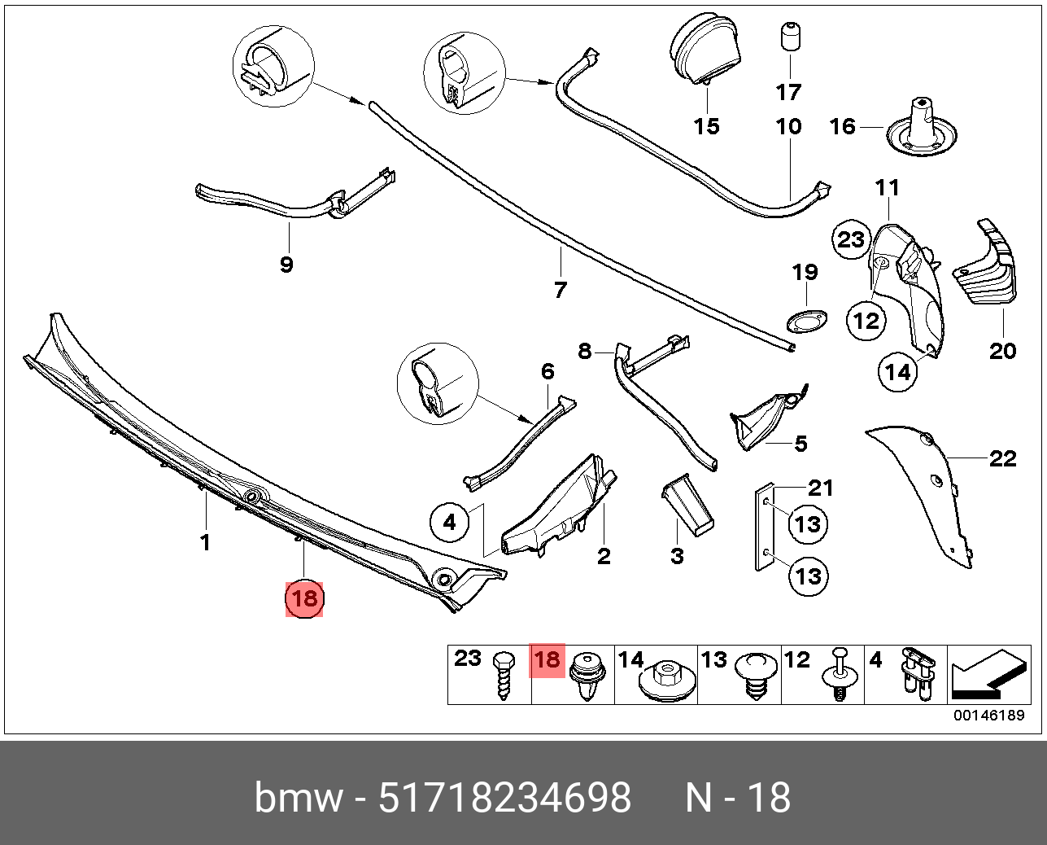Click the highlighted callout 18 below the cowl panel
[304, 599]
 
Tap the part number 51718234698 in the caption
[505, 797]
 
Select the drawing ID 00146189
[988, 716]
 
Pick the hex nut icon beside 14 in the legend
[668, 678]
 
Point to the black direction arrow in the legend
[985, 676]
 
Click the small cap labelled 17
[788, 37]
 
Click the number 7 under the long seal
[560, 290]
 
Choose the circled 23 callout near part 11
[851, 239]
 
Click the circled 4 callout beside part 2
[451, 522]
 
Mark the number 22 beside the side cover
[1003, 459]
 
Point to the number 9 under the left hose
[286, 265]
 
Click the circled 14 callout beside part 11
[897, 372]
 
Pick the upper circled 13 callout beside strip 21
[808, 523]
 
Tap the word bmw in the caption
[298, 797]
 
